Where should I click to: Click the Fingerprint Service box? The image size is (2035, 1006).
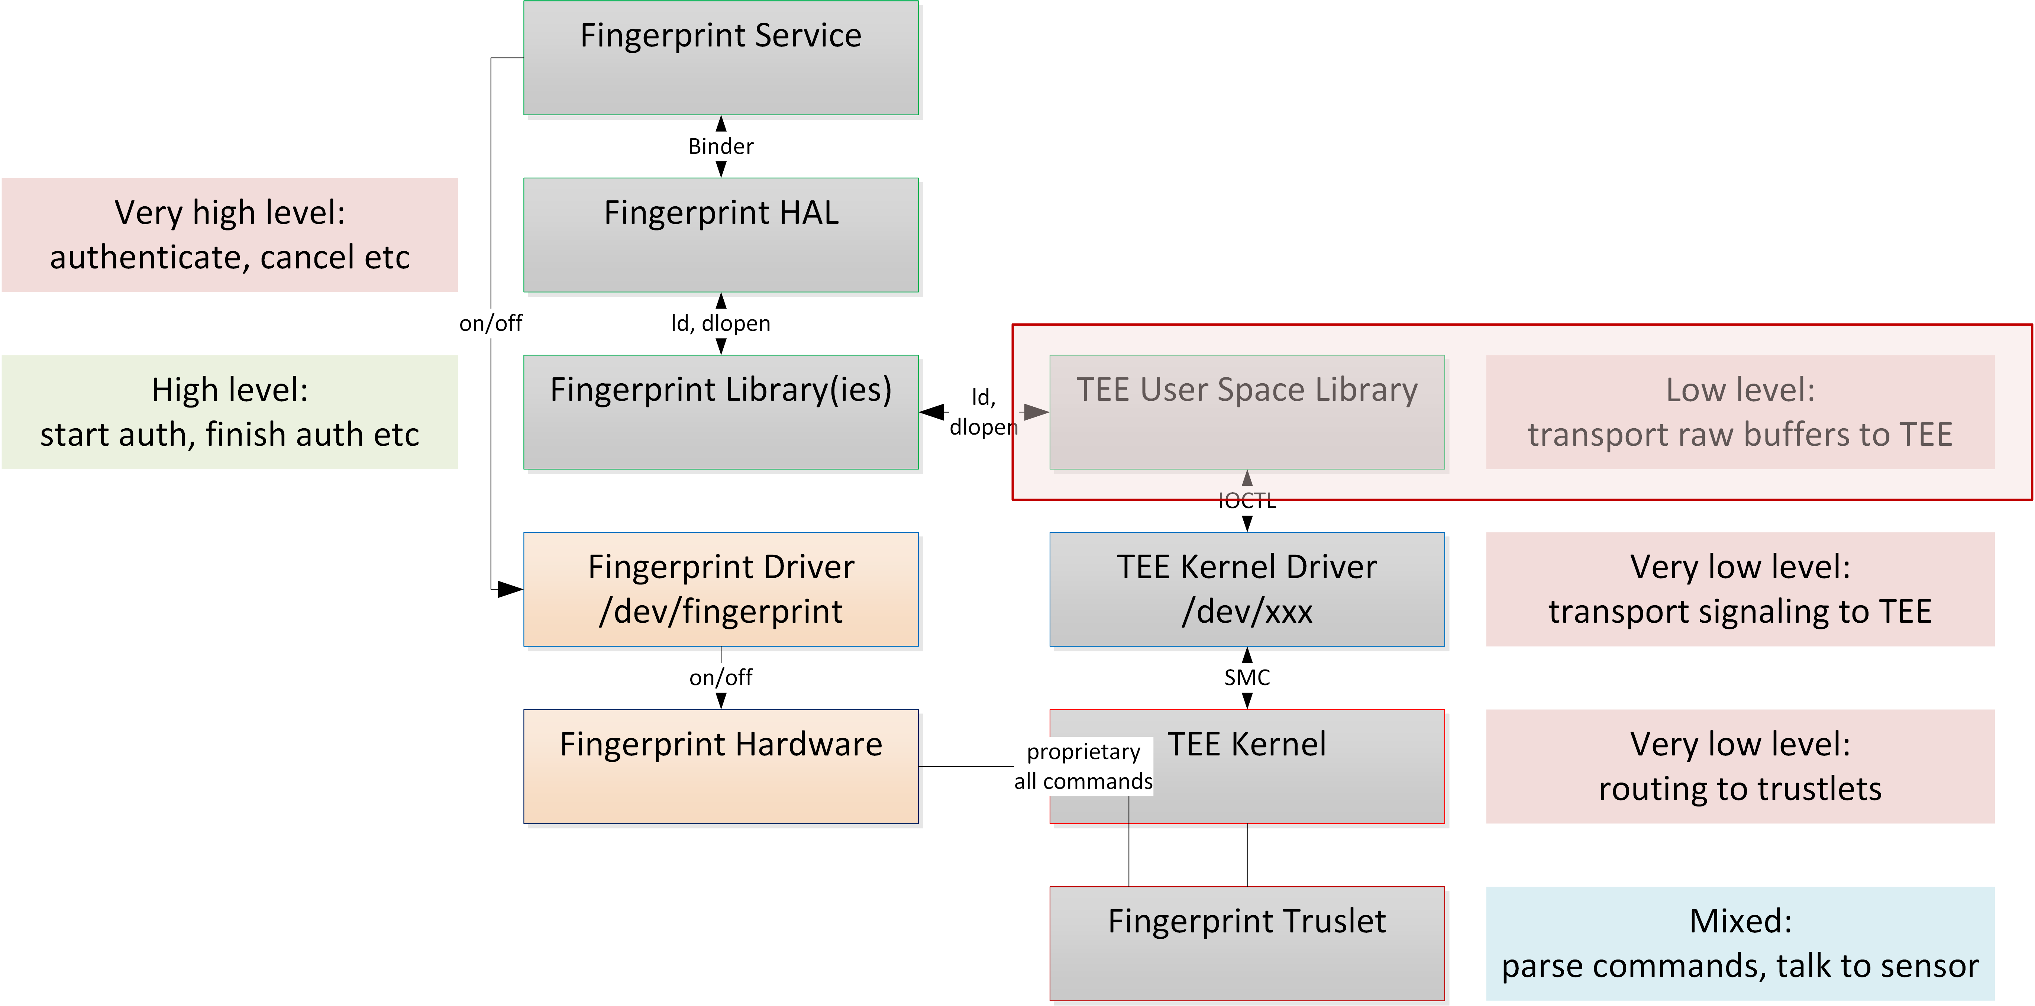[720, 58]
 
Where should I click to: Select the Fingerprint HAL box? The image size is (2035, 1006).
[720, 235]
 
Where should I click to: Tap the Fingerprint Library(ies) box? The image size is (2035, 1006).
[720, 412]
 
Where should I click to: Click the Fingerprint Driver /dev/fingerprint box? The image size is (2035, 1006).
[720, 589]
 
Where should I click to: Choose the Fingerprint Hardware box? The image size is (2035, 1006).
[720, 766]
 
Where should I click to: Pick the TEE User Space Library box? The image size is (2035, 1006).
[1247, 412]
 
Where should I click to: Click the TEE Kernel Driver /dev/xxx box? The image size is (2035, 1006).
[1247, 589]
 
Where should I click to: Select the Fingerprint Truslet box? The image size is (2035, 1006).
[1247, 943]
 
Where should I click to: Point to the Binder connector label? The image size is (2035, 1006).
[720, 146]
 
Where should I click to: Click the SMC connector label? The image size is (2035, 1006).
[1247, 677]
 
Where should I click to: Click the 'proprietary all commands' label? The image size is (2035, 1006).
[1083, 766]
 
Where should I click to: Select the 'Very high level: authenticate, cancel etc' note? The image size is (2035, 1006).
[230, 235]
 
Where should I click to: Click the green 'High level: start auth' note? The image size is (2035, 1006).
[230, 412]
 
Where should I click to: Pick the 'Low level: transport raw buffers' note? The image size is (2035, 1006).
[1740, 412]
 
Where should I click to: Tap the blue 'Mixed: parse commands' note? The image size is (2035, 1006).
[1740, 943]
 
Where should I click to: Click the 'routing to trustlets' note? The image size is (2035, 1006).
[1740, 766]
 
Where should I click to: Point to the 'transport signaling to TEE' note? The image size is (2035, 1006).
[1740, 589]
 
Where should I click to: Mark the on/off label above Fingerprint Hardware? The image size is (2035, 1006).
[720, 677]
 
